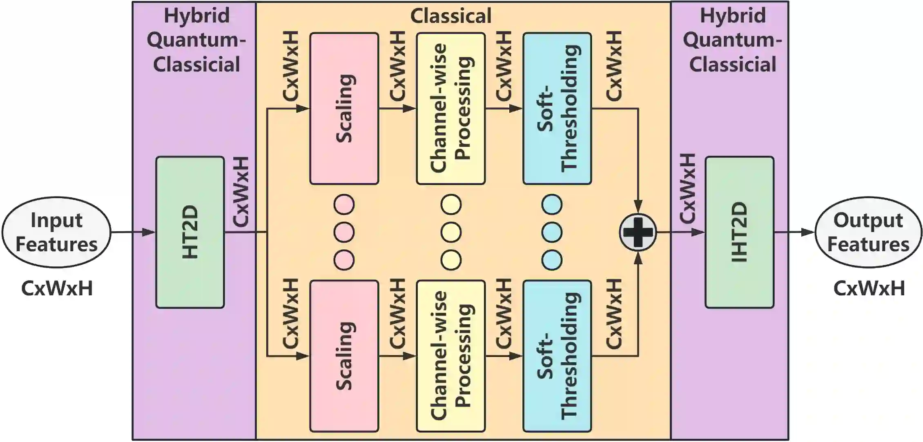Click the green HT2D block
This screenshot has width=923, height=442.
tap(190, 232)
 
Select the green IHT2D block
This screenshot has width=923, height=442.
tap(739, 232)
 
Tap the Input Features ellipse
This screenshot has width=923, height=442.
tap(56, 232)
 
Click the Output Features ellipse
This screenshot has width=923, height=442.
tap(868, 232)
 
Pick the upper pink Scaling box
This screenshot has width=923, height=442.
tap(344, 109)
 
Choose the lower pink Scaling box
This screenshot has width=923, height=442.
tap(344, 356)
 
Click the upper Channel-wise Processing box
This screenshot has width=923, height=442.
tap(451, 109)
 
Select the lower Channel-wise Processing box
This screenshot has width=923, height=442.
tap(451, 356)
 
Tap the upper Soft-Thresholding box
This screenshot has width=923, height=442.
tap(557, 109)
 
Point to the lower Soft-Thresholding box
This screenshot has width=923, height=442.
tap(557, 356)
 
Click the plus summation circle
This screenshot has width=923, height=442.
tap(638, 232)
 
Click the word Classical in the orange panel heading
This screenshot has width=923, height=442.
tap(451, 16)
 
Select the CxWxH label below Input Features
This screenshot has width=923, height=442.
tap(57, 288)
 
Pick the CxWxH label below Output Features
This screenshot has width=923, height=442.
tap(869, 288)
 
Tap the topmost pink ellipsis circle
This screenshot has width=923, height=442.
tap(344, 204)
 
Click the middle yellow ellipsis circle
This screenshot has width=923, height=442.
tap(451, 232)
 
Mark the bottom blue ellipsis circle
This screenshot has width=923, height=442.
tap(552, 260)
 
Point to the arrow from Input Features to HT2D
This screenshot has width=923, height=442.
tap(133, 232)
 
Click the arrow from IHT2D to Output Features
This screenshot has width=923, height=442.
tap(794, 232)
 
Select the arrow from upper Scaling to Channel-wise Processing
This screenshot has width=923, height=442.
tap(397, 109)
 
